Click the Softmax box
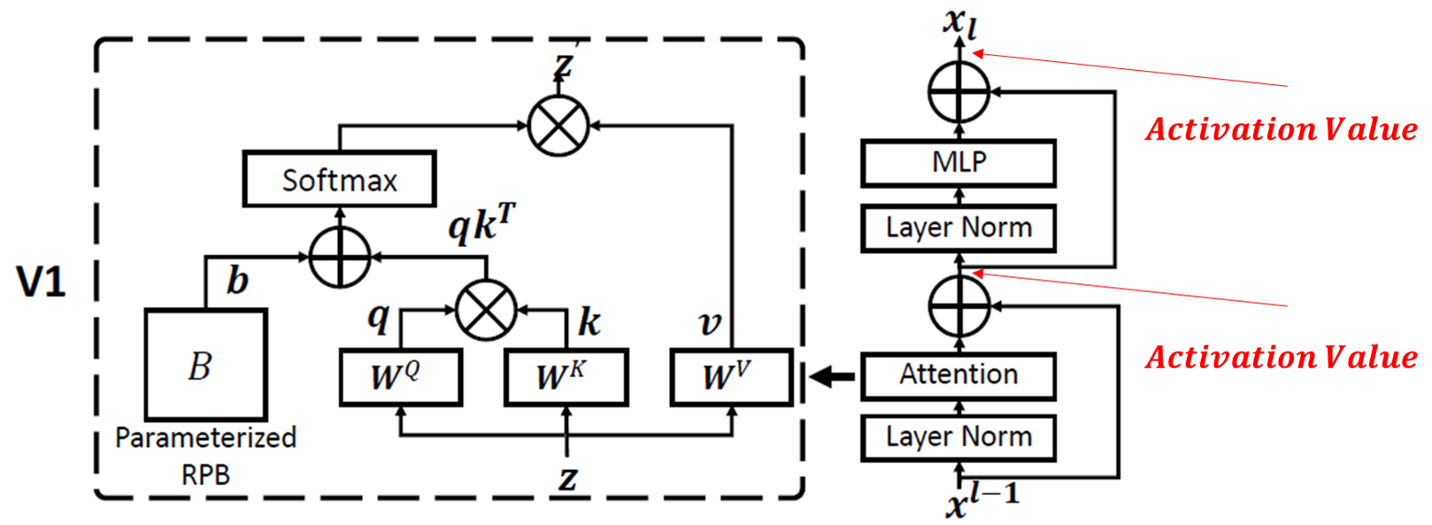(339, 180)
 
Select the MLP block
(959, 163)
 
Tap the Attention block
(959, 375)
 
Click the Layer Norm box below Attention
(959, 437)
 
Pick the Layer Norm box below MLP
(959, 228)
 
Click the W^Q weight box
(401, 377)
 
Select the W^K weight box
(566, 377)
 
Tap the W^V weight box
(731, 377)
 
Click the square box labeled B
(205, 365)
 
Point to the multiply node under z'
(558, 126)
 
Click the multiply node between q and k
(486, 310)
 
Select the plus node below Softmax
(340, 257)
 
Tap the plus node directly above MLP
(959, 91)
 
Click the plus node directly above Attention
(959, 306)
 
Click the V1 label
(42, 282)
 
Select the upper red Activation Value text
(1282, 130)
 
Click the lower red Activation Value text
(1282, 357)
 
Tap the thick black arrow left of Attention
(833, 377)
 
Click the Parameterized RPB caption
(205, 456)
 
